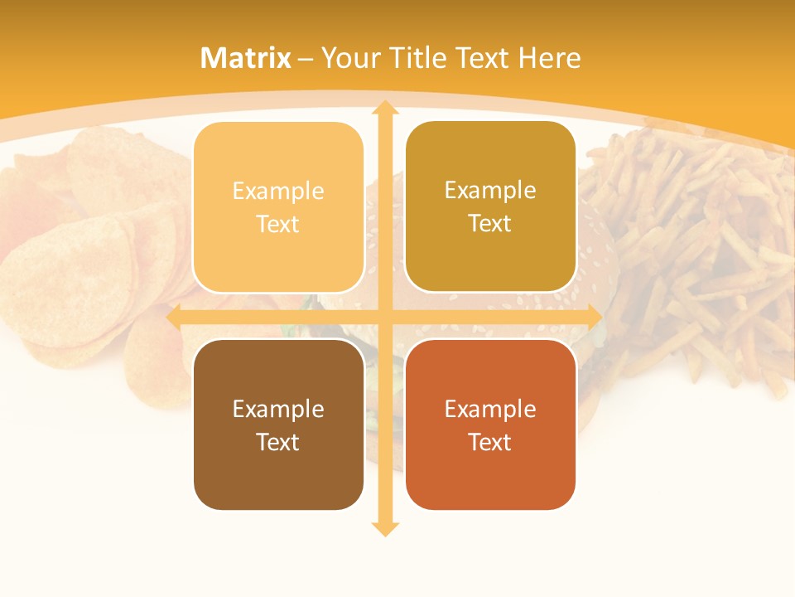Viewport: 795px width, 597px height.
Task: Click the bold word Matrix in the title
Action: pos(246,58)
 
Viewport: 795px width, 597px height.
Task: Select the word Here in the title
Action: pos(550,58)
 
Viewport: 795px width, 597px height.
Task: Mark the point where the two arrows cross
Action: pos(384,318)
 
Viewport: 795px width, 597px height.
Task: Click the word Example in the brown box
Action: pos(278,409)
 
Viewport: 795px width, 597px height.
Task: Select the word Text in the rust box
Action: pos(490,442)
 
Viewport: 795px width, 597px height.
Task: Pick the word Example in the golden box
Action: pos(490,191)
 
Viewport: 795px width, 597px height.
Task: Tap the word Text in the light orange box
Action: pos(278,224)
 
